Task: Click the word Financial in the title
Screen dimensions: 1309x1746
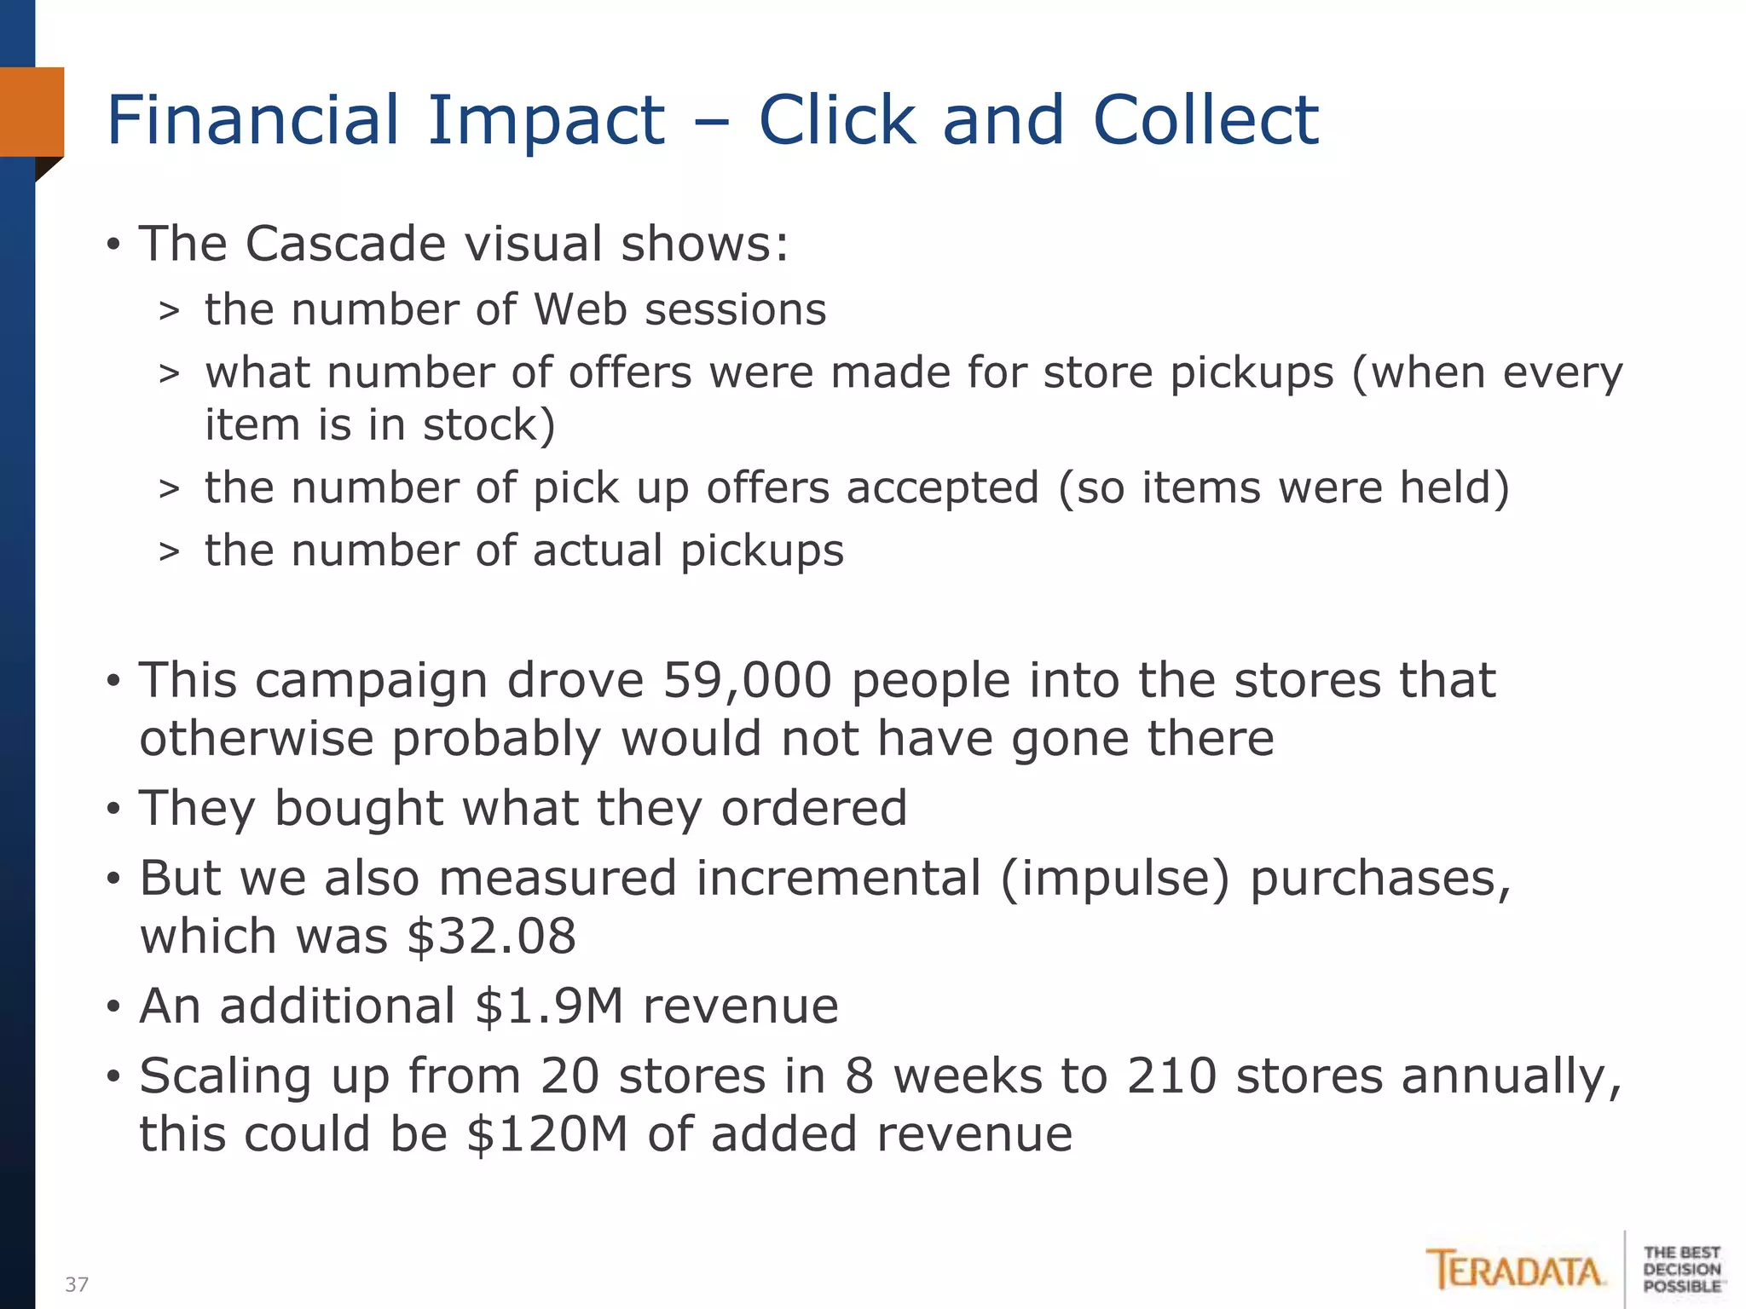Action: (253, 120)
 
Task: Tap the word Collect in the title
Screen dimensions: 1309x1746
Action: (1205, 120)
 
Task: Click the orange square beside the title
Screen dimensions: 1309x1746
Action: (32, 112)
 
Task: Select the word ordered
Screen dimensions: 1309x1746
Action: (814, 808)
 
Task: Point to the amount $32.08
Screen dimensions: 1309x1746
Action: (491, 937)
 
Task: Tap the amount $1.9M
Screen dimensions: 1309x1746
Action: (549, 1006)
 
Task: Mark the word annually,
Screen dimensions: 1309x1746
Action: (1512, 1078)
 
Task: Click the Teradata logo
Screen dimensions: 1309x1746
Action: (1514, 1271)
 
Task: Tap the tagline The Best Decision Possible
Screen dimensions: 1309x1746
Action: (1681, 1269)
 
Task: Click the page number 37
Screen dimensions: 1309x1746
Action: (77, 1284)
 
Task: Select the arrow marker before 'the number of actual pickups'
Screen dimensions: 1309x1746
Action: (169, 552)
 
